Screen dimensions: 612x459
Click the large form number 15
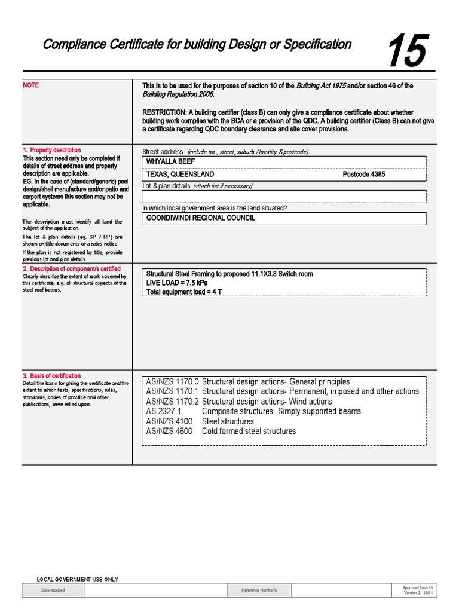(406, 51)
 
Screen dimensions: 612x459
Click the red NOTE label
(31, 85)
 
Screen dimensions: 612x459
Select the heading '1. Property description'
(52, 150)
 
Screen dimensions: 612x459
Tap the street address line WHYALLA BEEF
(171, 162)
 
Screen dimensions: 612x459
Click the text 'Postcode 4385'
(364, 175)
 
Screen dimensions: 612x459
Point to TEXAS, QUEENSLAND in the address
(180, 175)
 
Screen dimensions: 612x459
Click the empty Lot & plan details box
(284, 197)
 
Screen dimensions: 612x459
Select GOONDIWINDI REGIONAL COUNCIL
(201, 219)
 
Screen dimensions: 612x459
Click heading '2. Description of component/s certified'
(72, 269)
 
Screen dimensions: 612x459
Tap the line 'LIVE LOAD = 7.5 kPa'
(177, 283)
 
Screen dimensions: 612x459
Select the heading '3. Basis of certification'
(52, 376)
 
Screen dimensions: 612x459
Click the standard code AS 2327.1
(163, 411)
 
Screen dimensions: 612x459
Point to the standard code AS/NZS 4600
(170, 431)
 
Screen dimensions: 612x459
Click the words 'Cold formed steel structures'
(249, 431)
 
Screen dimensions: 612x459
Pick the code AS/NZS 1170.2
(172, 402)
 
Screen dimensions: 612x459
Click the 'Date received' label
(53, 590)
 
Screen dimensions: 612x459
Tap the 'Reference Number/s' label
(259, 590)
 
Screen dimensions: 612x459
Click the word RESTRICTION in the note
(164, 112)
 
